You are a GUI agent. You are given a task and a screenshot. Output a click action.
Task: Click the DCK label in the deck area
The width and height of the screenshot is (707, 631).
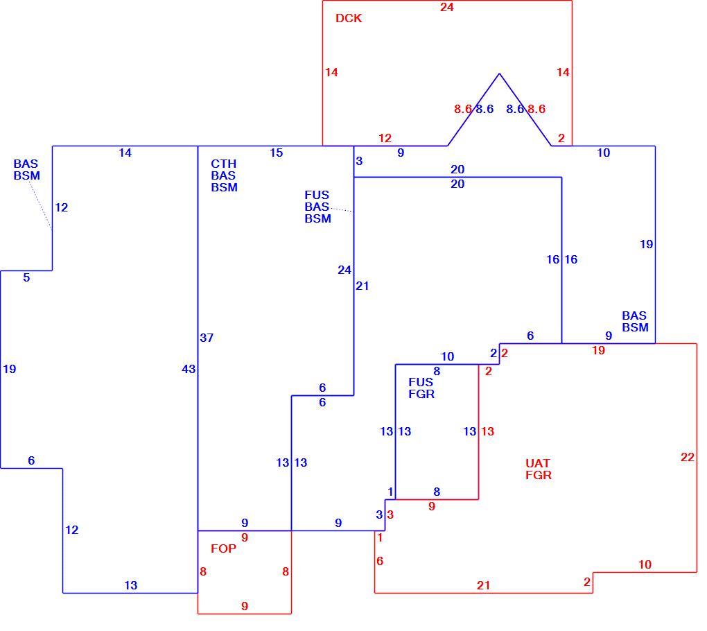[349, 18]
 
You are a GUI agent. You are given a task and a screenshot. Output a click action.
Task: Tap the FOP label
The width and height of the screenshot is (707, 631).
[223, 548]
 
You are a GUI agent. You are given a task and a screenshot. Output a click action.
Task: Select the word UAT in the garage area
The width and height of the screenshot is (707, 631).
[537, 463]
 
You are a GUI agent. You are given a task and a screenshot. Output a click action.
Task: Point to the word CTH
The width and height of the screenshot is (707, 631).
[224, 164]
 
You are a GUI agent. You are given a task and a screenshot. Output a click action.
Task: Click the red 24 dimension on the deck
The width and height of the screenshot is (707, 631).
[447, 7]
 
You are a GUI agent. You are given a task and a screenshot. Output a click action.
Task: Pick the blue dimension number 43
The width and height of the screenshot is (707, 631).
[189, 369]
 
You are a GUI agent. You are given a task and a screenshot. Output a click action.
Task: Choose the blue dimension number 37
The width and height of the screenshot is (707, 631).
[207, 338]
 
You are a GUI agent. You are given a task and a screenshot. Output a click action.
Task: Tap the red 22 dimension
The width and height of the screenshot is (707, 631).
[687, 458]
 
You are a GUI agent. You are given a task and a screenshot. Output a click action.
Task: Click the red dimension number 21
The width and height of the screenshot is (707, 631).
[483, 585]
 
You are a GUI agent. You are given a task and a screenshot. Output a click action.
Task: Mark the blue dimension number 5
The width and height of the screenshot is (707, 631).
[26, 277]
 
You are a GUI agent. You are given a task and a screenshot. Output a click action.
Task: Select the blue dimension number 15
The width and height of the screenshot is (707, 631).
[277, 153]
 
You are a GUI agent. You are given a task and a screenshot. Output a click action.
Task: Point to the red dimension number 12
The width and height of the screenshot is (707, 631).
[385, 138]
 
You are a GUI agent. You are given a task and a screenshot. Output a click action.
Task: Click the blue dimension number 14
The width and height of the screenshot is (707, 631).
[125, 153]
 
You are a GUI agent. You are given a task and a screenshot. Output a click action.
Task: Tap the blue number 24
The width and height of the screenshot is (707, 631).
[344, 270]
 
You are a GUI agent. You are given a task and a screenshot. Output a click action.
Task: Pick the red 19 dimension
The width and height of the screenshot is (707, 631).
[598, 350]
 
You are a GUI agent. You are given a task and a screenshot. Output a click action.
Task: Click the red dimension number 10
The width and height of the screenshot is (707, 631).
[645, 564]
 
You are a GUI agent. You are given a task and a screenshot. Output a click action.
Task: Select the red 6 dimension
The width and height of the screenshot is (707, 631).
[380, 561]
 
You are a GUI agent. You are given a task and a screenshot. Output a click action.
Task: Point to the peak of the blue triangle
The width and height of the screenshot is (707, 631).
[499, 74]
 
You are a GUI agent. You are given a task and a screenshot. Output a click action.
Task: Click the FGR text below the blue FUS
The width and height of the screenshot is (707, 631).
[421, 394]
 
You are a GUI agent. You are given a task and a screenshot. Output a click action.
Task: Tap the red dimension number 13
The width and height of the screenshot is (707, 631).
[487, 431]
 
